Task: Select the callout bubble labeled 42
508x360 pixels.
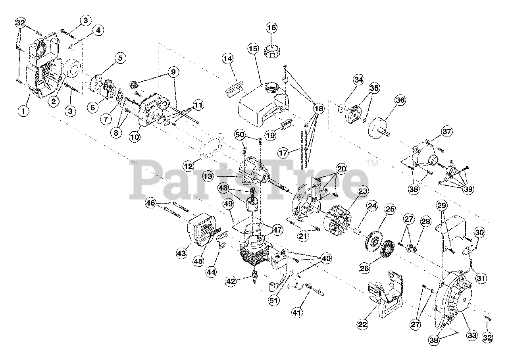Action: tap(231, 281)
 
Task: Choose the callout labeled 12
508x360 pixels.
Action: tap(189, 165)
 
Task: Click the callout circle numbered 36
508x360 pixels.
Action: tap(400, 100)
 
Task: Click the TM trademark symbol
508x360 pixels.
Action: tap(371, 163)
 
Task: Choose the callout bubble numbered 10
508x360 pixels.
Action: tap(135, 137)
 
